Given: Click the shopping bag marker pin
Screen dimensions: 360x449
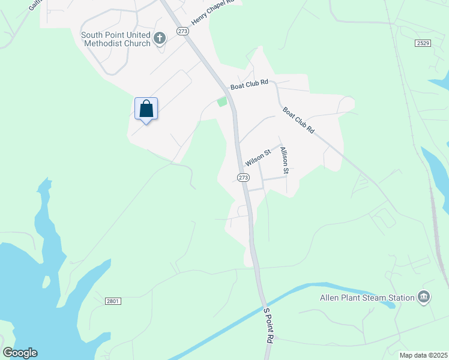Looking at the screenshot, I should [x=146, y=109].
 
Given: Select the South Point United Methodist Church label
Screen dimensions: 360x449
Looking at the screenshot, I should [x=116, y=39].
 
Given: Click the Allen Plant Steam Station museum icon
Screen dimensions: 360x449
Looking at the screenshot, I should [x=424, y=298].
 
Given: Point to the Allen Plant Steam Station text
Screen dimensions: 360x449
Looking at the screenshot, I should [x=367, y=298].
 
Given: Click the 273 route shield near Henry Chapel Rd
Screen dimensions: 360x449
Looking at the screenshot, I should [x=182, y=31].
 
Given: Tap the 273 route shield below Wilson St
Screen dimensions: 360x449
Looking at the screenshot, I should [x=243, y=178].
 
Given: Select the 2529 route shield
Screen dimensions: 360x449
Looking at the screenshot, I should [x=423, y=43].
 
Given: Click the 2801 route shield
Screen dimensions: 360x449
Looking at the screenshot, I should [x=113, y=301].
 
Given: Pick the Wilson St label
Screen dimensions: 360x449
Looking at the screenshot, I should [x=259, y=158].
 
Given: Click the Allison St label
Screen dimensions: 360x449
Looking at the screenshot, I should [x=285, y=161].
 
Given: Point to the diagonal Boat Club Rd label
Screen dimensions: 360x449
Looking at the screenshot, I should [x=298, y=121].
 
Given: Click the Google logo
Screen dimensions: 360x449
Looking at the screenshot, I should [x=20, y=353].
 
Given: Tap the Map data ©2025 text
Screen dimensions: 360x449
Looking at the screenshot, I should [x=424, y=355].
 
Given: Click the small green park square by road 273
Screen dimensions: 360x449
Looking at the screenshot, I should [x=222, y=101].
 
